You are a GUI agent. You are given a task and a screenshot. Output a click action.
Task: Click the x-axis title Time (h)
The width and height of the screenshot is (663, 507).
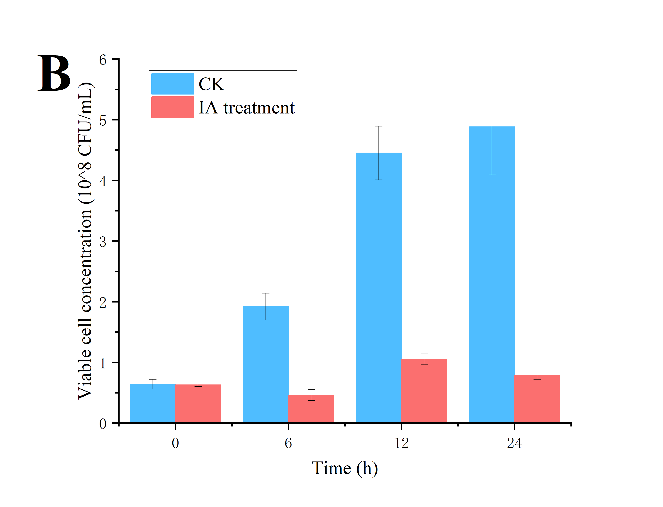coord(345,468)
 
